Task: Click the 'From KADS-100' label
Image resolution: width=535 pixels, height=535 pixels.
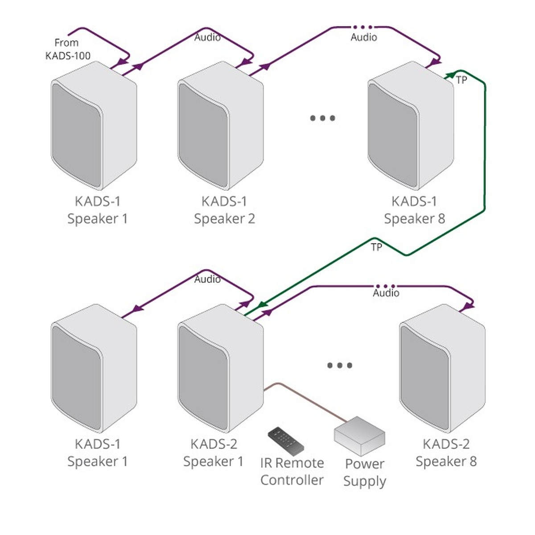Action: coord(68,49)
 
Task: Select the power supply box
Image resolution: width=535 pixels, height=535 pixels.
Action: coord(359,430)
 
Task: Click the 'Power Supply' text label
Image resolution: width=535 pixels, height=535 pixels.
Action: coord(365,473)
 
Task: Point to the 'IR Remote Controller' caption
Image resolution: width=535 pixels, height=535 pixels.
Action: coord(292,471)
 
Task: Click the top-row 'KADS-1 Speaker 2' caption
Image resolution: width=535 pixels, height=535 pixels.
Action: coord(224,210)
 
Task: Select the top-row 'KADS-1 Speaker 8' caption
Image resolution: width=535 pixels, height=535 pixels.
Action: coord(414,210)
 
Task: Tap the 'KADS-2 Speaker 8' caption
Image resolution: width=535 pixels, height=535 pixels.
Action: coord(446,453)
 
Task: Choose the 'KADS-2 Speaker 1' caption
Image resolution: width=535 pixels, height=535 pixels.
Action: coord(214,453)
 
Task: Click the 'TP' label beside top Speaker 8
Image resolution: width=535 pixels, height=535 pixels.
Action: coord(461,80)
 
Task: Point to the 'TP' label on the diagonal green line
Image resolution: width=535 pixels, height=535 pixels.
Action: coord(376,247)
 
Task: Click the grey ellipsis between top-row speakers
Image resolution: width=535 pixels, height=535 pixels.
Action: coord(322,118)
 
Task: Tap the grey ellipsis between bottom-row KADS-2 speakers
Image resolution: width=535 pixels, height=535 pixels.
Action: coord(340,366)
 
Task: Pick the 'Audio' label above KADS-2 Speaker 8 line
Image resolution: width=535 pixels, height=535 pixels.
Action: coord(386,293)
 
